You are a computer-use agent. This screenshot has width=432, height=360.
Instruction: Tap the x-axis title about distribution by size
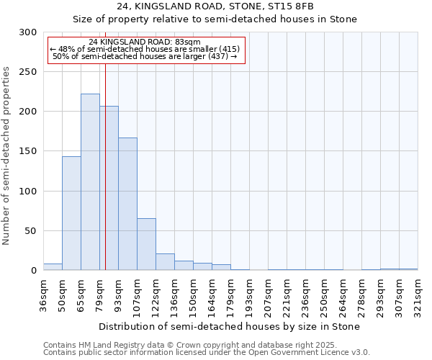click(230, 326)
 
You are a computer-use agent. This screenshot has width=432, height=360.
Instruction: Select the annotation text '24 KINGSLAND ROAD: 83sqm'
click(145, 42)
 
